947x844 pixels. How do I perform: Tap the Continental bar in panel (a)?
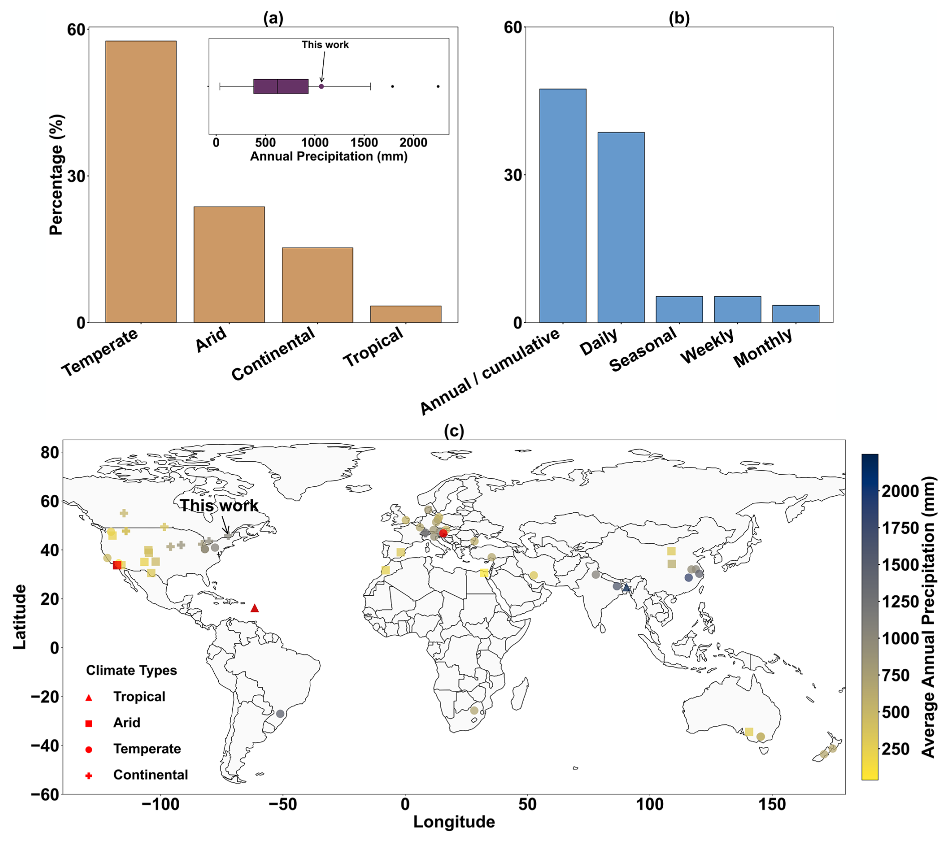pyautogui.click(x=317, y=285)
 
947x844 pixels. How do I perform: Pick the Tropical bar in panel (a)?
pyautogui.click(x=405, y=314)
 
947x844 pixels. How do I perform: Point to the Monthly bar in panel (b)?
pyautogui.click(x=795, y=314)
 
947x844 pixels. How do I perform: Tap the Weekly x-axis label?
pyautogui.click(x=707, y=346)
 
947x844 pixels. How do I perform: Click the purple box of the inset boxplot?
pyautogui.click(x=280, y=87)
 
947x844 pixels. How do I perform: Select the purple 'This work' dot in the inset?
pyautogui.click(x=321, y=87)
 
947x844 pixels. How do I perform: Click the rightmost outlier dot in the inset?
pyautogui.click(x=438, y=87)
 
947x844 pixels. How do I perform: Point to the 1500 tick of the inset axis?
pyautogui.click(x=364, y=142)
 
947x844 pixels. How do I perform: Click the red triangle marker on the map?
pyautogui.click(x=254, y=608)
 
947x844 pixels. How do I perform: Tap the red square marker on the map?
pyautogui.click(x=117, y=565)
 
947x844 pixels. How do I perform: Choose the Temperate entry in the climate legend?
pyautogui.click(x=147, y=749)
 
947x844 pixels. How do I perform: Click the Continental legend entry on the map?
pyautogui.click(x=150, y=775)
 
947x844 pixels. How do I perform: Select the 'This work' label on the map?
pyautogui.click(x=219, y=506)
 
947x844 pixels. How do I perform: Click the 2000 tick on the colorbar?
pyautogui.click(x=900, y=491)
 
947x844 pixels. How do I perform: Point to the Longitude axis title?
pyautogui.click(x=454, y=822)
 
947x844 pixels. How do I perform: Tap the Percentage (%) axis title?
pyautogui.click(x=57, y=175)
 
